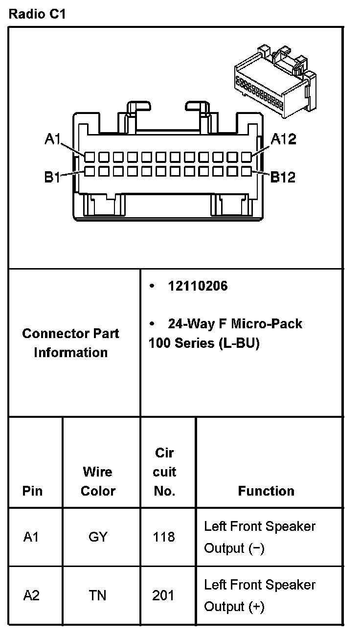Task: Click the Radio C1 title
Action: coord(37,14)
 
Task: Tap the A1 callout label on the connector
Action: coord(52,139)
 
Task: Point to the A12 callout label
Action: coord(283,139)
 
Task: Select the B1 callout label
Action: coord(52,177)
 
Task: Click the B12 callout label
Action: coord(283,177)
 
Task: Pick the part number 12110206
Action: coord(198,286)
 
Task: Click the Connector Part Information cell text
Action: coord(71,343)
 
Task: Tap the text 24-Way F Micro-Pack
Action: coord(235,324)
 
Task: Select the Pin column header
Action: coord(32,491)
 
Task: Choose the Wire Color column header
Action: coord(98,481)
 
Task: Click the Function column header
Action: coord(266,491)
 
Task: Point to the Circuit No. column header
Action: coord(164,472)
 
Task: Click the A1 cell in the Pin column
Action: coord(31,537)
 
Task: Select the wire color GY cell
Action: coord(98,537)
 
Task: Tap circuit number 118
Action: coord(164,537)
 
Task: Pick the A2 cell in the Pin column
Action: coord(31,595)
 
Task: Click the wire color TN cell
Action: coord(98,595)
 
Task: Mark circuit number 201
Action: coord(164,595)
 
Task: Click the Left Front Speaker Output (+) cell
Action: coord(260,595)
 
